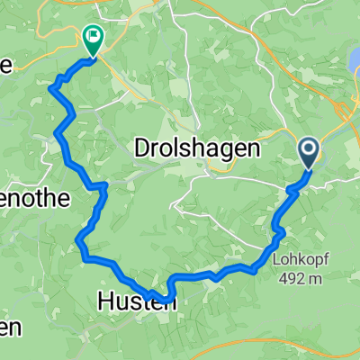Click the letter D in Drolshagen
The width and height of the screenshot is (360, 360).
point(142,148)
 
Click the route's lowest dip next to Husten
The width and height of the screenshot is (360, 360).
point(165,298)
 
